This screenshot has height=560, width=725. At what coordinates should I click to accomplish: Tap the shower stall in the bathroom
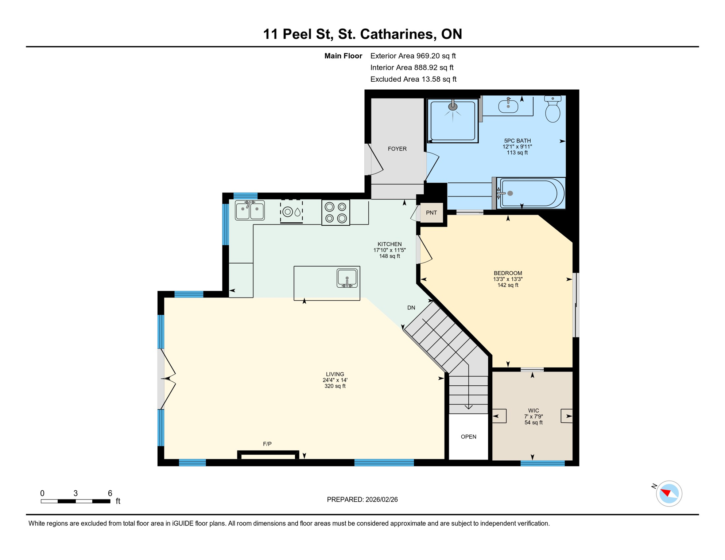453,121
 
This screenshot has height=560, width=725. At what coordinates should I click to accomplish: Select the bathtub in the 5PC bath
530,194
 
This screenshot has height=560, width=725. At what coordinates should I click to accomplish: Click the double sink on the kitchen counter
250,210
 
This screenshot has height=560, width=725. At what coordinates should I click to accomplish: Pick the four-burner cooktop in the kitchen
336,212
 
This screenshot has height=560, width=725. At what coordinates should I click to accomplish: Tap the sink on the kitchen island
347,279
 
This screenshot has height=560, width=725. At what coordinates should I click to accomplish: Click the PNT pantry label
431,213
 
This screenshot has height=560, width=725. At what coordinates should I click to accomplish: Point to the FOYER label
397,149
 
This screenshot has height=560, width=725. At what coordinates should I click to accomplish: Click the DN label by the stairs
411,308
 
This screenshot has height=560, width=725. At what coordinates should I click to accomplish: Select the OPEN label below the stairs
468,437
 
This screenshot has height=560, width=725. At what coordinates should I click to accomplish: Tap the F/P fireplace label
267,444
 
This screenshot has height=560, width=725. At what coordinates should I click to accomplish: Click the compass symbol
668,494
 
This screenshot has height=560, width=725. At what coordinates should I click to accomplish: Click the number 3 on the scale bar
75,493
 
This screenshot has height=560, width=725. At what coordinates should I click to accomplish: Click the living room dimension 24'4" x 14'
335,380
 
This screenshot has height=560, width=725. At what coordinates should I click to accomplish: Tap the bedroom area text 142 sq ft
508,285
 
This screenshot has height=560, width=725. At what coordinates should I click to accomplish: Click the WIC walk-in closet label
533,411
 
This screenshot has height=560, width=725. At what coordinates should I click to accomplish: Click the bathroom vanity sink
508,106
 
